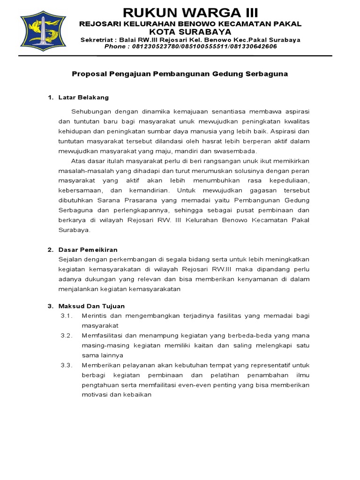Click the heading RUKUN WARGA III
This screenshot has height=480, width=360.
pos(190,12)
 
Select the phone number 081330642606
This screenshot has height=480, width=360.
pos(255,46)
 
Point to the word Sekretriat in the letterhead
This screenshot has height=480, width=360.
pos(97,40)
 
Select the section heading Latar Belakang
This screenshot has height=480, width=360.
pos(83,97)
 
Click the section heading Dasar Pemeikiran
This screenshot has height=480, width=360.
pos(88,249)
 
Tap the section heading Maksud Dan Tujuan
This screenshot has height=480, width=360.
pos(91,306)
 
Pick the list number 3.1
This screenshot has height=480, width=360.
pos(66,316)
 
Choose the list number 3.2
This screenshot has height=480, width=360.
pos(66,336)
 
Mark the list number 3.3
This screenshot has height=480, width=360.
pos(66,365)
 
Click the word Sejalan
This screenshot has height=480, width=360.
pos(70,259)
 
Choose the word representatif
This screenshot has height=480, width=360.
pos(268,365)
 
